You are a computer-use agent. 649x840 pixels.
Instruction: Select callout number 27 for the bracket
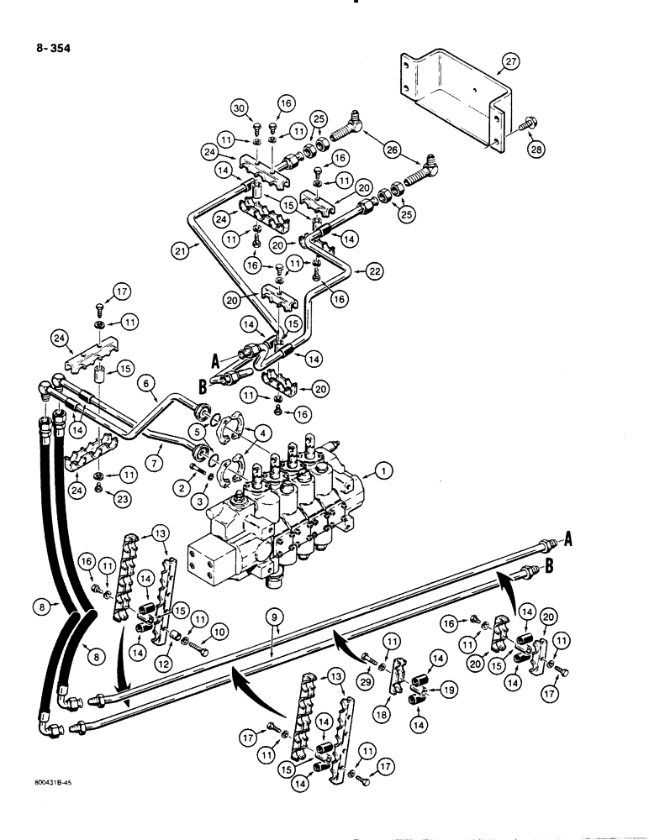coord(512,60)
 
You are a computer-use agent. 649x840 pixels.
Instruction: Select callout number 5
coord(198,431)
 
